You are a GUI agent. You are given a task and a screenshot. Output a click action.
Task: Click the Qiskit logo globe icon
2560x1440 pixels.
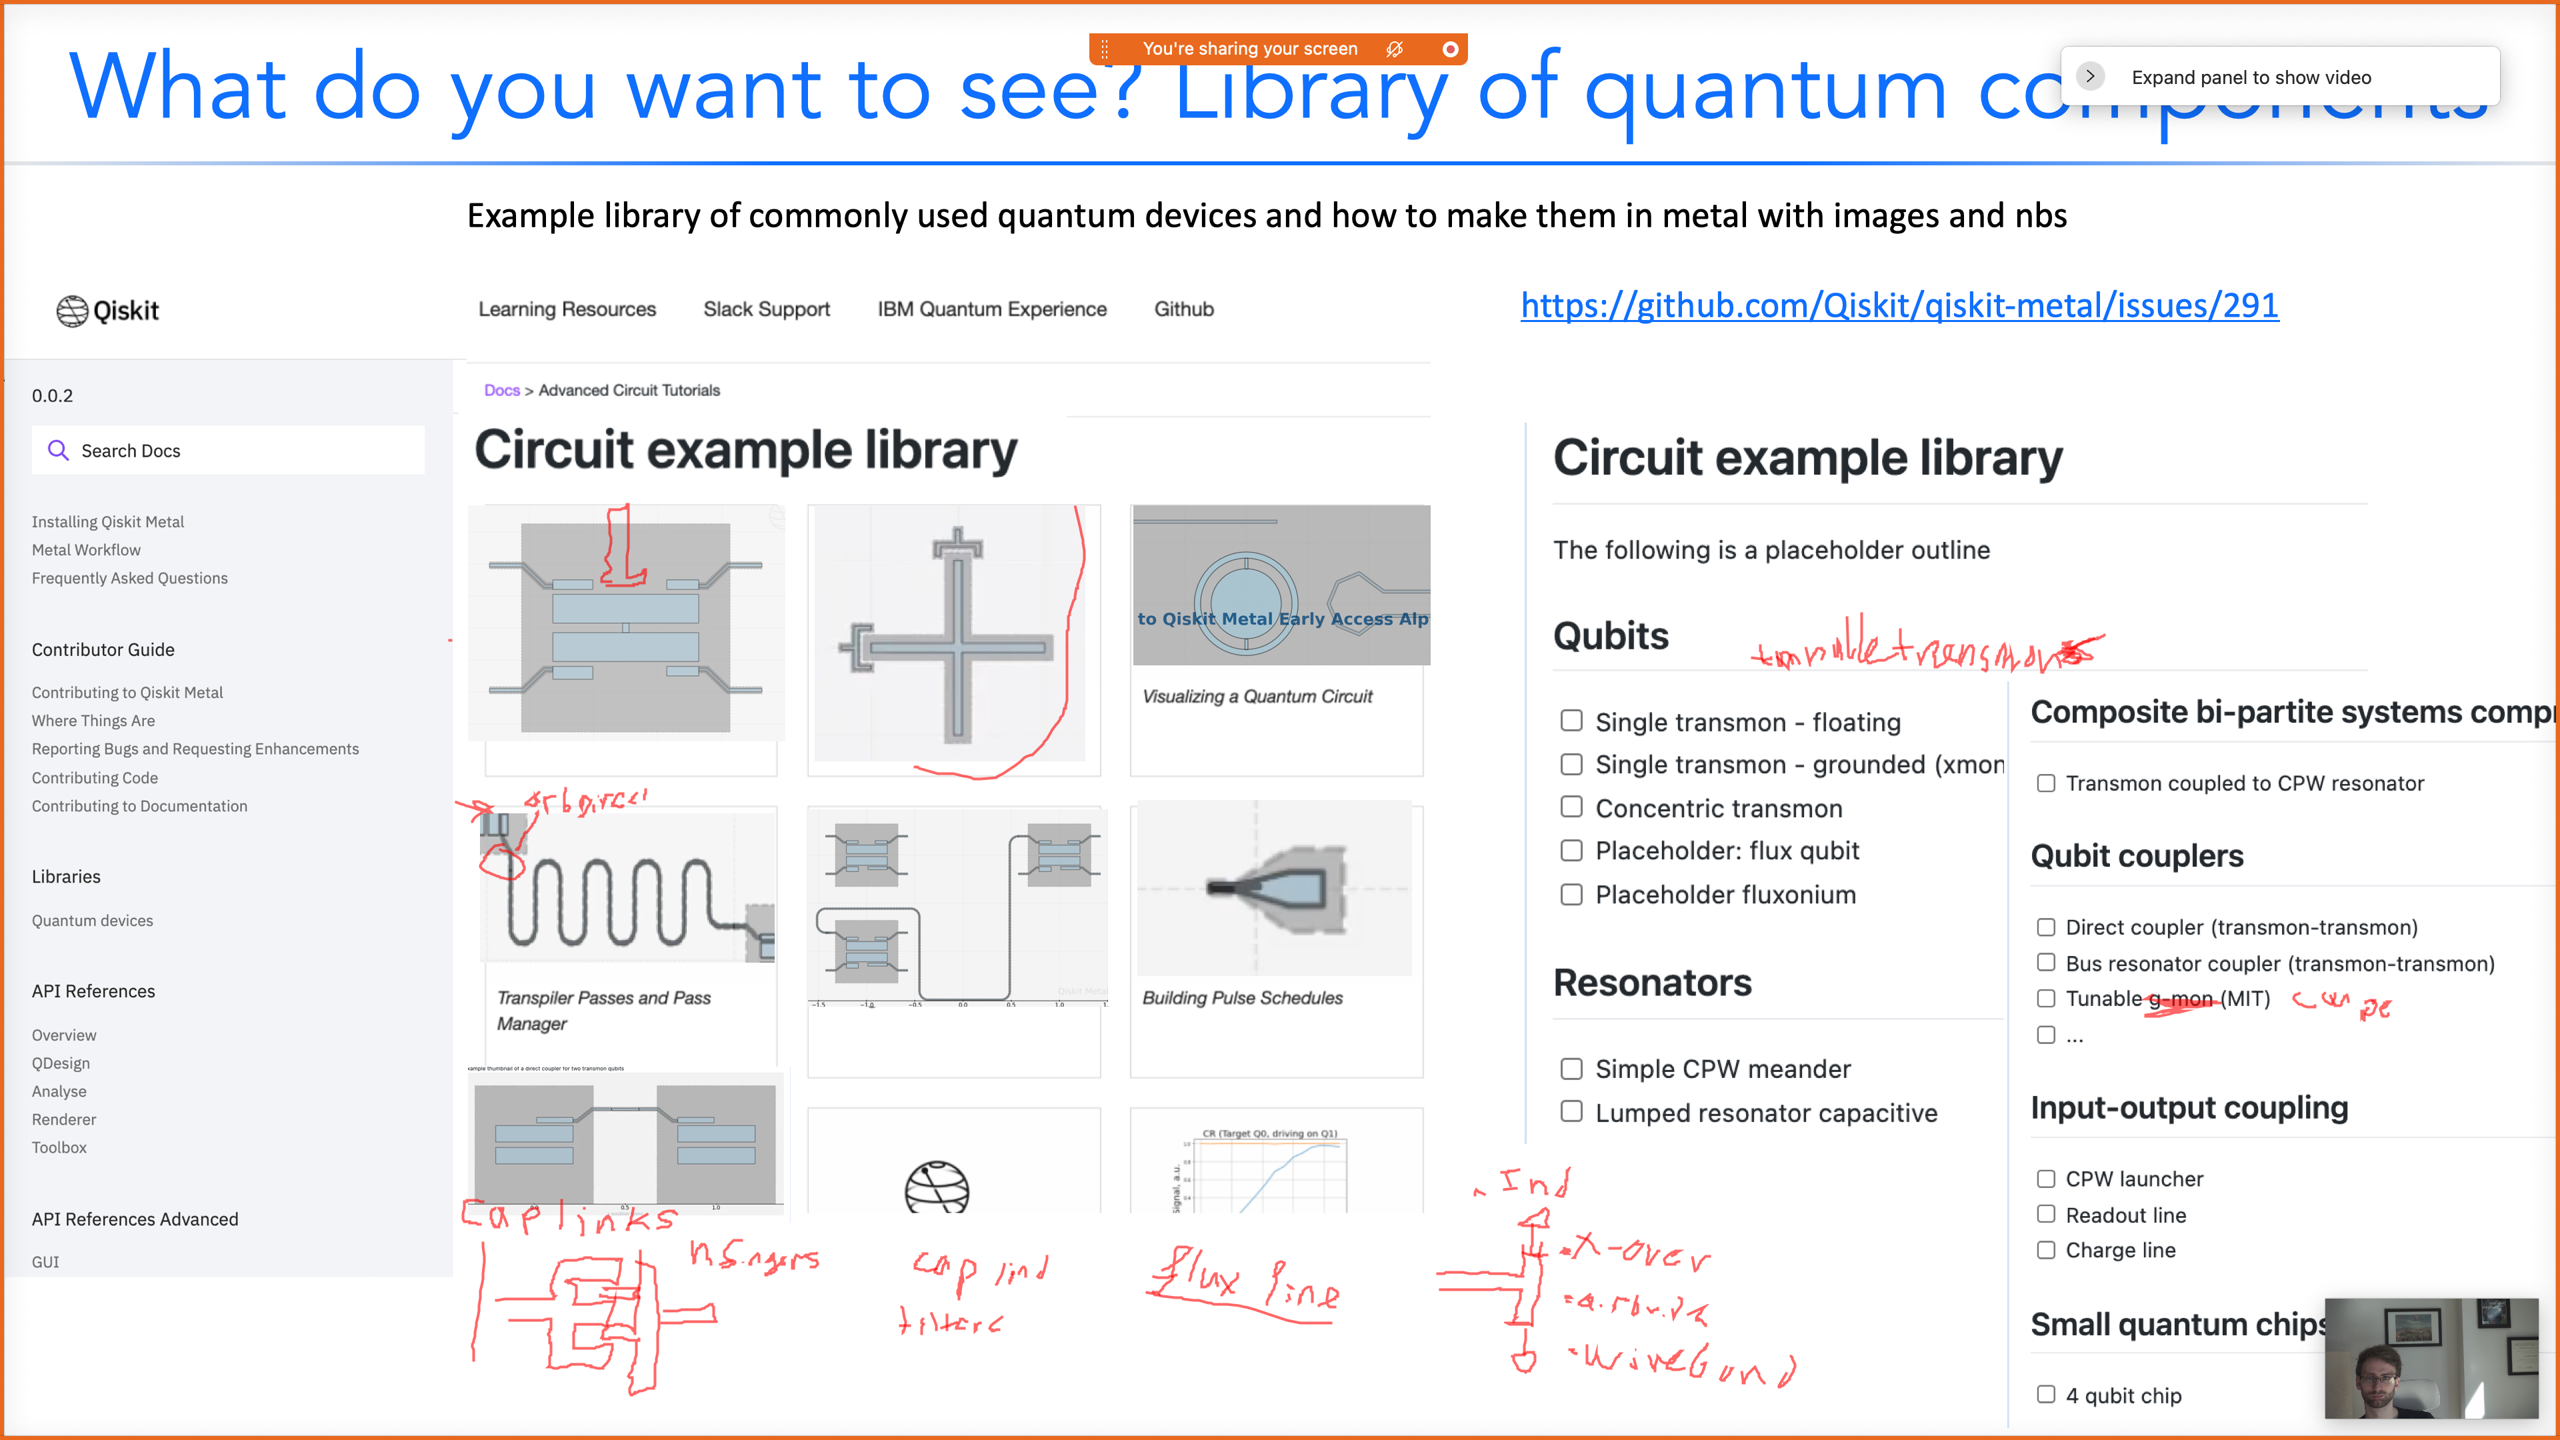pos(71,311)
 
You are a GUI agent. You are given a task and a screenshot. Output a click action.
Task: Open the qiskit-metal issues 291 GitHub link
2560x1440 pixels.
pos(1899,305)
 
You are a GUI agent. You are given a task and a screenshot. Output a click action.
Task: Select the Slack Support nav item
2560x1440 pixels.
pos(766,309)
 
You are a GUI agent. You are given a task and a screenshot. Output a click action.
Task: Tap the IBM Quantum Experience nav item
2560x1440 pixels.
pos(992,309)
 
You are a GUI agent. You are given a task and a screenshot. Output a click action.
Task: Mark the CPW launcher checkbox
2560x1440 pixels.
pos(2045,1179)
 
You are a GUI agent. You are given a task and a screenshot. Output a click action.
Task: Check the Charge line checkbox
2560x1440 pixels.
pos(2045,1250)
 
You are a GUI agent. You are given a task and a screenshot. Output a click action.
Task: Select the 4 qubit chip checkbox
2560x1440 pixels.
pos(2045,1394)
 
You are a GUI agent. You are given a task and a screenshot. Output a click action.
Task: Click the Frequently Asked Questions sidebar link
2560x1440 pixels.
pos(129,579)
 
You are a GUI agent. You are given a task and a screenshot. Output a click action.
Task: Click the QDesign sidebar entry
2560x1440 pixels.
pos(61,1063)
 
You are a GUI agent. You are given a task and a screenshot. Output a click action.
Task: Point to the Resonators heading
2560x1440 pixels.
pos(1652,983)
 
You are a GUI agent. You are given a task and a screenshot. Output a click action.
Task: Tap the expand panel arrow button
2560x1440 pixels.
pos(2090,77)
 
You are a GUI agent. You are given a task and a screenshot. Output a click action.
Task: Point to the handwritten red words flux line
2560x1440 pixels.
pos(1242,1284)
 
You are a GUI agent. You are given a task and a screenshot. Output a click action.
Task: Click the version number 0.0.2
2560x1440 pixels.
pos(53,395)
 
